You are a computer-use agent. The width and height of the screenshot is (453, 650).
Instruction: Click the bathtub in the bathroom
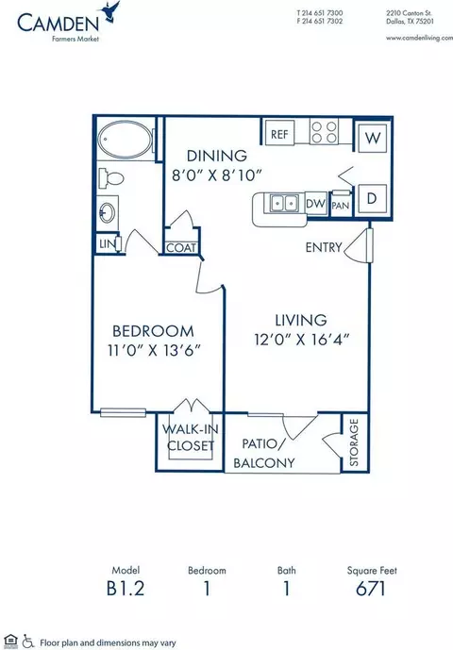tap(125, 140)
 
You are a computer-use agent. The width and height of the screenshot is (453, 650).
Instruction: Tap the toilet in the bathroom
tap(111, 178)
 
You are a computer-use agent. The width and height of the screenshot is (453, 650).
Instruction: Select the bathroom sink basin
tap(108, 213)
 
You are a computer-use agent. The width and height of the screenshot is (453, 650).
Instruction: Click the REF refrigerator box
tap(279, 133)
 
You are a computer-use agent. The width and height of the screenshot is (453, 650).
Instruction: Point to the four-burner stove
tap(324, 132)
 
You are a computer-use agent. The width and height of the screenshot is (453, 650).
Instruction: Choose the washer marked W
tap(373, 138)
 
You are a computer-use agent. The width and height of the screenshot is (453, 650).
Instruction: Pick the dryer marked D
tap(372, 198)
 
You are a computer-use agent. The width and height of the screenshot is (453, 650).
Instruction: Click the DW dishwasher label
tap(316, 204)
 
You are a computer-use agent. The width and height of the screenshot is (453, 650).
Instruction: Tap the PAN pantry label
tap(341, 206)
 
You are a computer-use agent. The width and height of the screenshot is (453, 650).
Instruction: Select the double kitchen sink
tap(285, 203)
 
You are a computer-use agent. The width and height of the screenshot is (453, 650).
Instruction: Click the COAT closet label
tap(181, 248)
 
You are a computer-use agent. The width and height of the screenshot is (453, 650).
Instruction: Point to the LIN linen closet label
tap(107, 244)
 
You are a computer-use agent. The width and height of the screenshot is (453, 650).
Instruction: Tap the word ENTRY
tap(324, 247)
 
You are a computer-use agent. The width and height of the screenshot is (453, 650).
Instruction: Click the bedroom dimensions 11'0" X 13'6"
tap(155, 351)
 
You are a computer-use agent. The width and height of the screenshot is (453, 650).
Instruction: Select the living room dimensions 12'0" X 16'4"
tap(302, 340)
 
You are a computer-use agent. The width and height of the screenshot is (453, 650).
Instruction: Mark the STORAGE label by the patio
tap(354, 442)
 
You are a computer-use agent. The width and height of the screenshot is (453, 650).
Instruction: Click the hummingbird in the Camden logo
tap(110, 11)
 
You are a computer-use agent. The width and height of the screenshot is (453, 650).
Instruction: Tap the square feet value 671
tap(371, 589)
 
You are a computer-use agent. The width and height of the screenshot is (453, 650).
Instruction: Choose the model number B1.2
tap(126, 589)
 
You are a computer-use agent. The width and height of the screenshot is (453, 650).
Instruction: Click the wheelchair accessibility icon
tap(27, 642)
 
